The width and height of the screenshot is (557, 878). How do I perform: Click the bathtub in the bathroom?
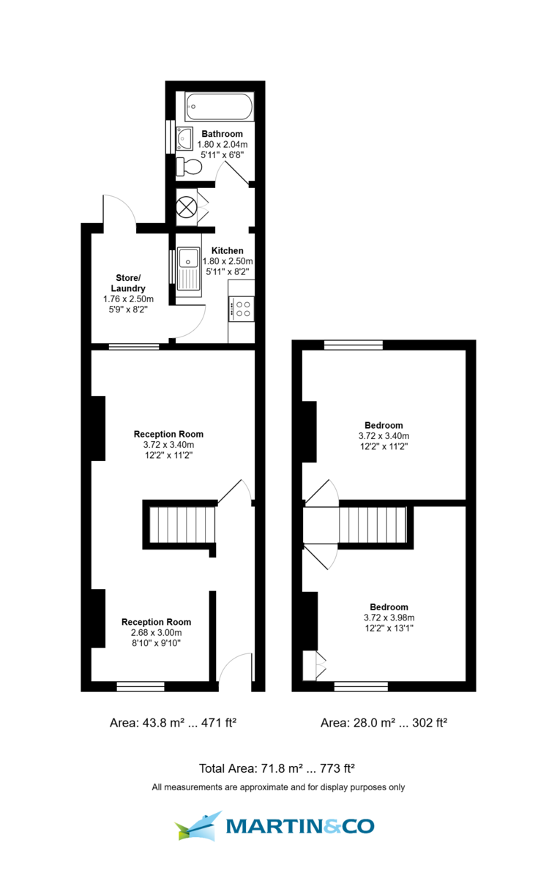[x=219, y=106]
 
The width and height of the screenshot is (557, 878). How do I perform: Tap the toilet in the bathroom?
[x=189, y=167]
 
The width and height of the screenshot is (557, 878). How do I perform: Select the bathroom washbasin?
[x=184, y=138]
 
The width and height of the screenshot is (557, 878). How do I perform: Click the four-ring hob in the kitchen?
[x=242, y=309]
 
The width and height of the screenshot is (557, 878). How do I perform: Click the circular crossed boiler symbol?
[x=186, y=207]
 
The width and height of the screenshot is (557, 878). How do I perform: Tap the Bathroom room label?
[x=223, y=134]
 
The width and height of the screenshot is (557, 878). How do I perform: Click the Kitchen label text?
[x=228, y=251]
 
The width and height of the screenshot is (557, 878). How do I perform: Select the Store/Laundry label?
[x=128, y=283]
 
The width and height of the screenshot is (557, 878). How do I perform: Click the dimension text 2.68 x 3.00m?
[x=157, y=633]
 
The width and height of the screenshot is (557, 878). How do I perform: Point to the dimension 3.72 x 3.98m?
[x=389, y=618]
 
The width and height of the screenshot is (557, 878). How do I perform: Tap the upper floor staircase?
[x=373, y=525]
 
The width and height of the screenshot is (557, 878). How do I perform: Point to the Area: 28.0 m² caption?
[x=357, y=723]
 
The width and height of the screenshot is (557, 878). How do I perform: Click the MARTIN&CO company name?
[x=300, y=827]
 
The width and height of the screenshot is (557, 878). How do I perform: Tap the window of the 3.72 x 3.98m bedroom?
[x=361, y=686]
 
